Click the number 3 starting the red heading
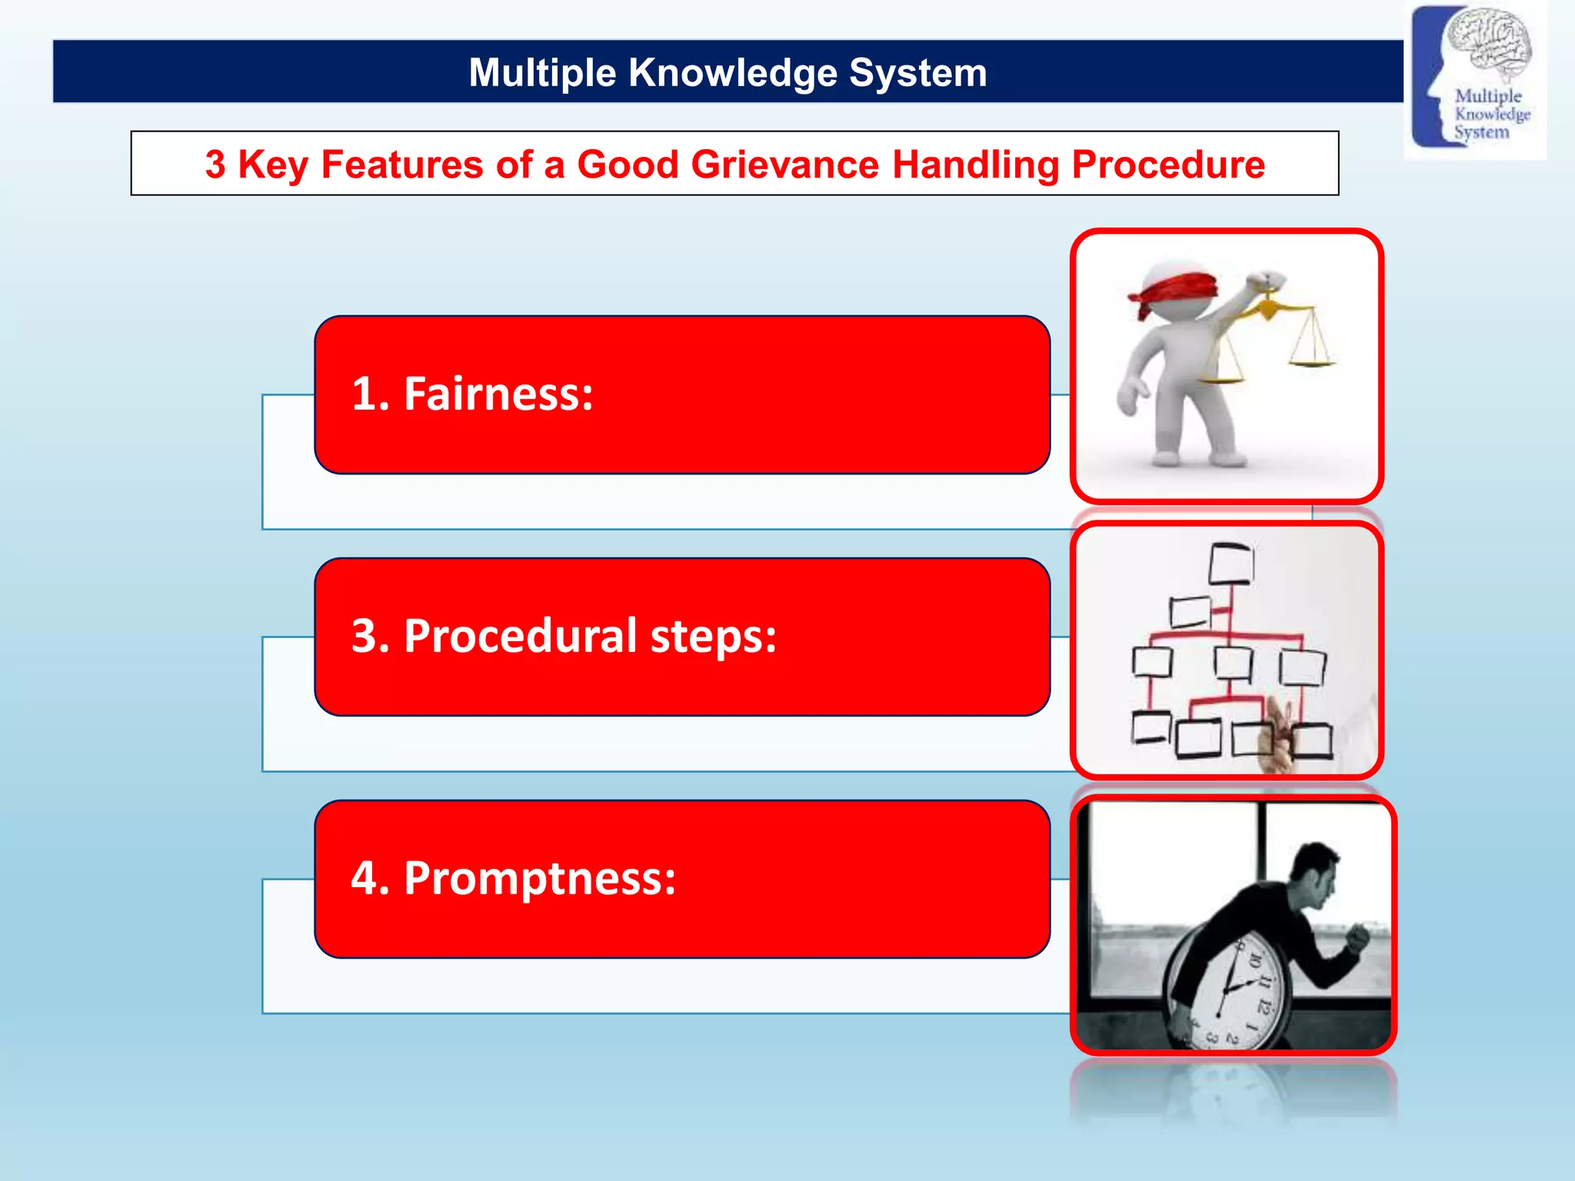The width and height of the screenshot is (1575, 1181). pos(215,165)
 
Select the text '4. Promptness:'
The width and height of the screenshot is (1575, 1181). pos(513,878)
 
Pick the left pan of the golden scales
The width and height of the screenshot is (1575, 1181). pos(1221,377)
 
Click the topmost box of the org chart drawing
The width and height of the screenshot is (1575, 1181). pos(1230,564)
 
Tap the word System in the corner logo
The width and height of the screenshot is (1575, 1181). pos(1481,132)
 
